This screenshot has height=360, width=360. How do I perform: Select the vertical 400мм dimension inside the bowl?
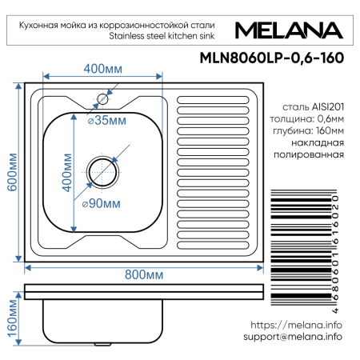coord(74,172)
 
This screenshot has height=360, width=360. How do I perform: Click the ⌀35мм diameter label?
coord(106,121)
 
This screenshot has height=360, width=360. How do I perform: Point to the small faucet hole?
coord(102,100)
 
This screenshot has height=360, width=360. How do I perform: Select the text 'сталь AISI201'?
coord(313,106)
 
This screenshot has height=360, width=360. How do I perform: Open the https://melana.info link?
coord(296,325)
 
